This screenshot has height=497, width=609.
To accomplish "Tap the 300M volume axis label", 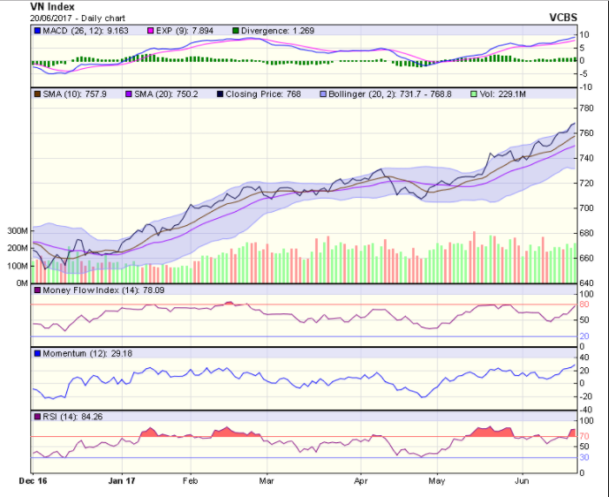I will click(x=17, y=230).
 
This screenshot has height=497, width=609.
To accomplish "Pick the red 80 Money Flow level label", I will click(x=584, y=305).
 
